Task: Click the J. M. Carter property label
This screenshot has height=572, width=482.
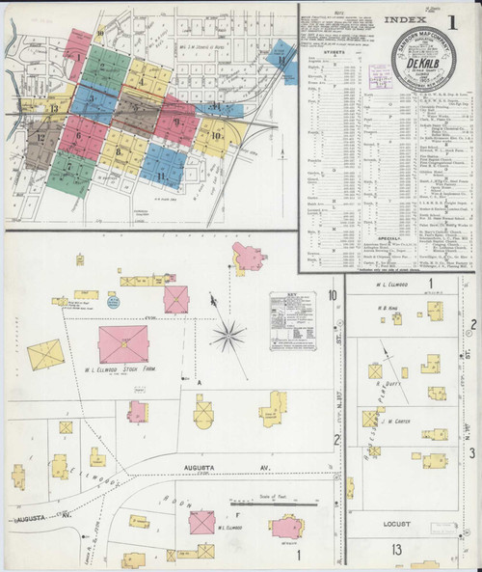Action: [x=395, y=421]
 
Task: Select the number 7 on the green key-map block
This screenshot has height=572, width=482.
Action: [x=70, y=165]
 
